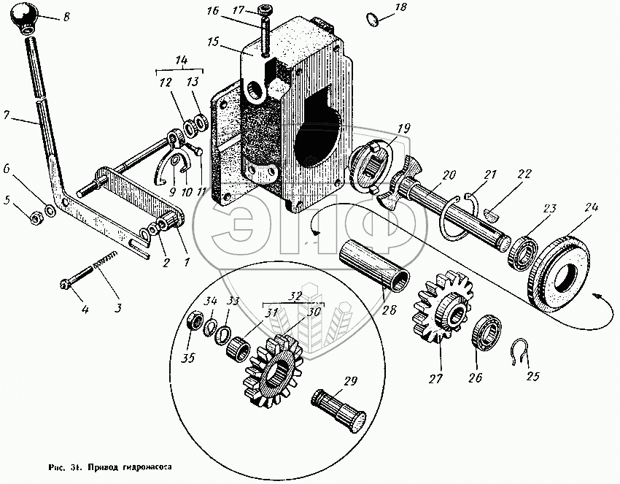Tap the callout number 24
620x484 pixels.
[x=591, y=208]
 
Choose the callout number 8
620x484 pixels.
[x=67, y=15]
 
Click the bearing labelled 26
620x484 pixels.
[x=484, y=333]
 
